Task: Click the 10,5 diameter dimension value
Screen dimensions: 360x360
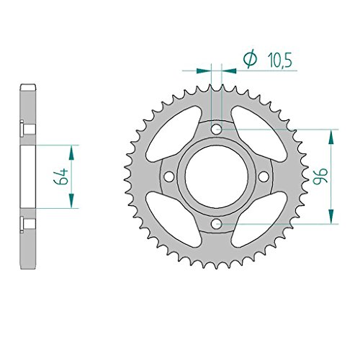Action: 280,60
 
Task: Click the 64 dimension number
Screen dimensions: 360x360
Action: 60,177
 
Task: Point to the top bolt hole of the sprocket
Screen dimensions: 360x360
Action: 216,129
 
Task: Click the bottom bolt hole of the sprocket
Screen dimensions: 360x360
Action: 216,224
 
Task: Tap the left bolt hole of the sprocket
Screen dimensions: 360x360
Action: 168,176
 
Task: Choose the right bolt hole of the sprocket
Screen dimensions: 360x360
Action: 264,176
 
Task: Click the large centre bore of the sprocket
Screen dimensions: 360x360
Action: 216,176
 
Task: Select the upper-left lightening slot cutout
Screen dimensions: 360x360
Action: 174,134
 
